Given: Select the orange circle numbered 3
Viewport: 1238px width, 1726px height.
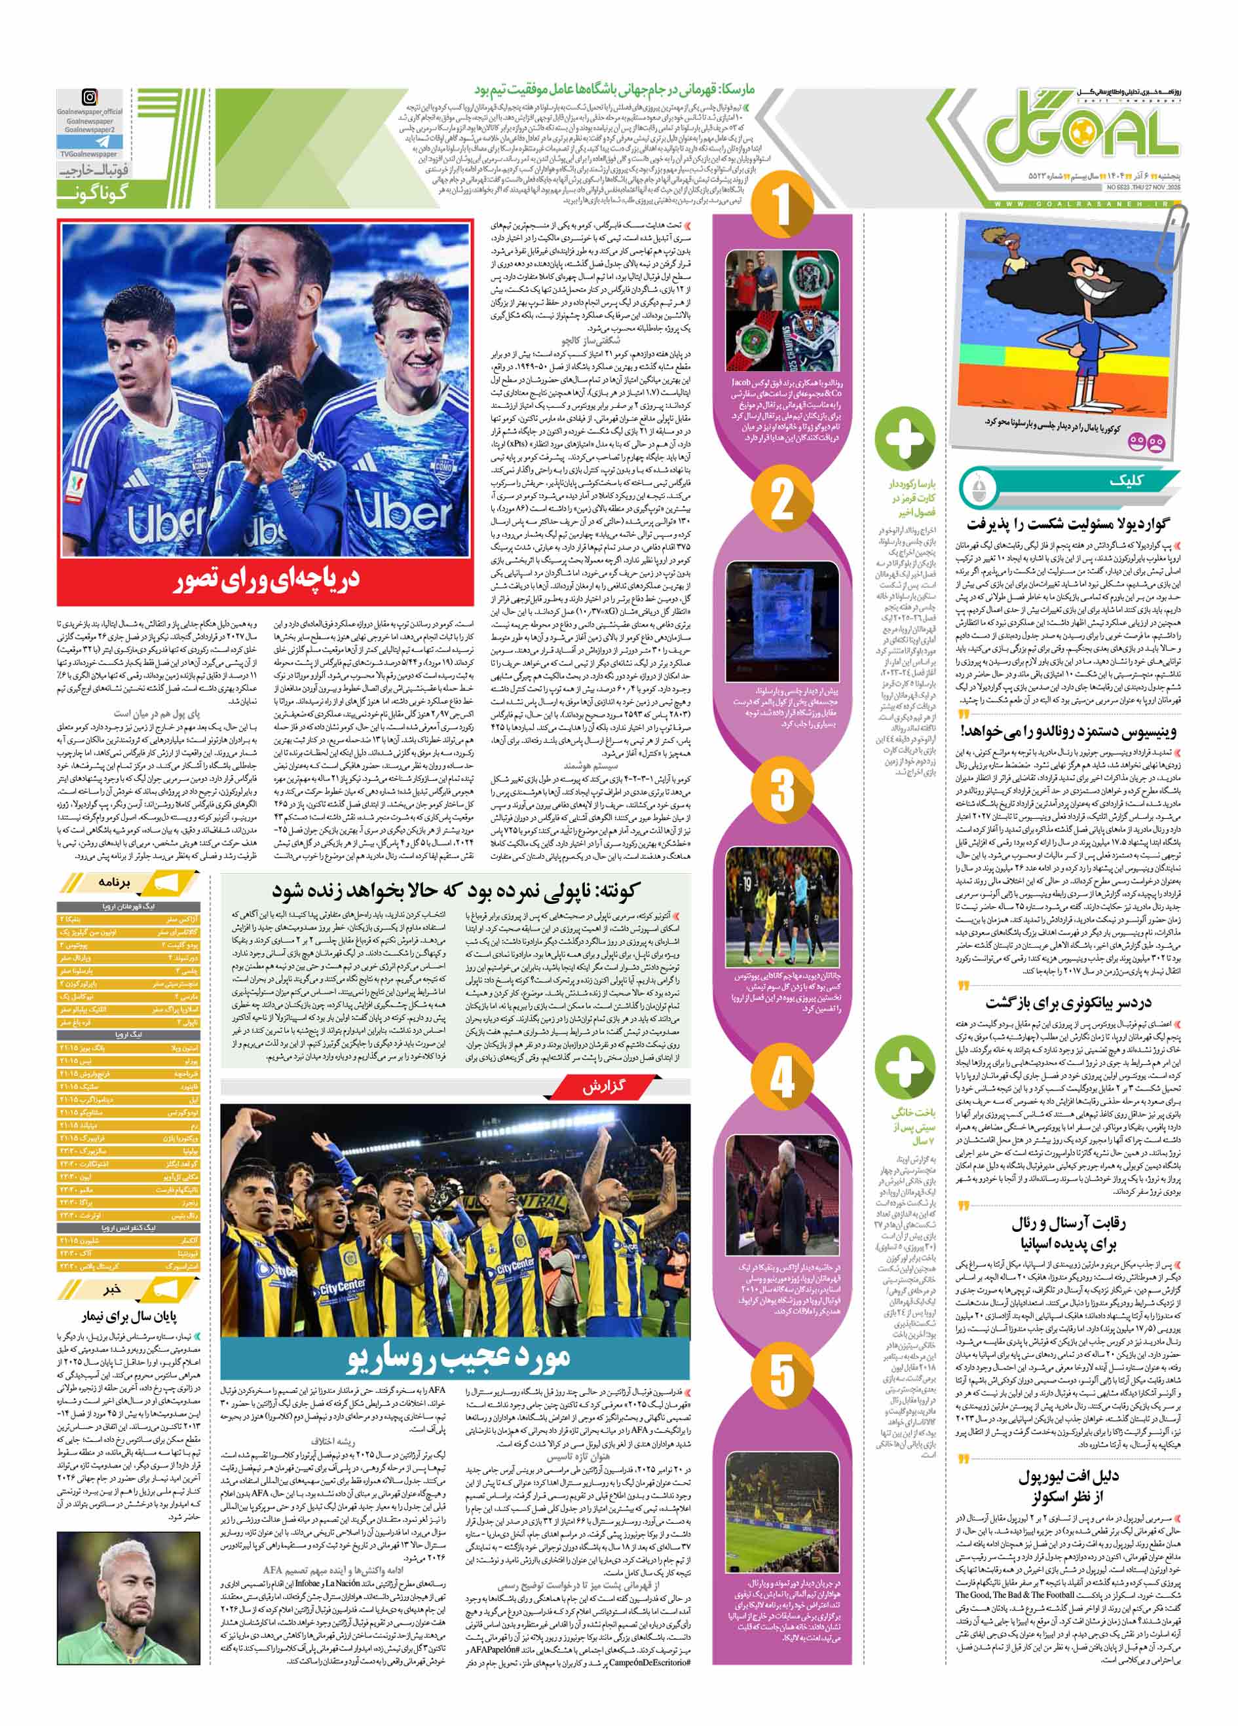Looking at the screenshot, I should [782, 789].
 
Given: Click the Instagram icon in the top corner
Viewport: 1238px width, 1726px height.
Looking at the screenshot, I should [90, 98].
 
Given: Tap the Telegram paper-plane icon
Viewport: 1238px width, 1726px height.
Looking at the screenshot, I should [90, 141].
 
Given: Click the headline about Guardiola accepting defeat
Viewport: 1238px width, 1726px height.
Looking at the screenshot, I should [1069, 524].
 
